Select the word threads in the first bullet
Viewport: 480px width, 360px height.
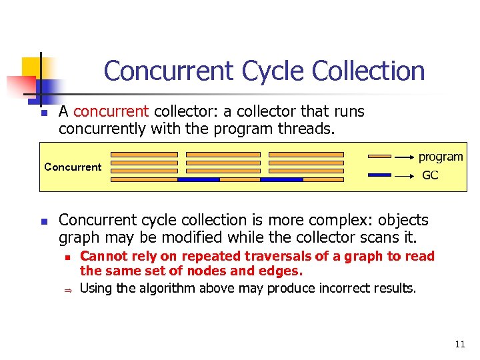pyautogui.click(x=300, y=128)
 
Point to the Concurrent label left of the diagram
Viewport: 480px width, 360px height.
pyautogui.click(x=73, y=167)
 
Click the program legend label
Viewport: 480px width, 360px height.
pyautogui.click(x=441, y=157)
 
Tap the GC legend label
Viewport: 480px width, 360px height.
pyautogui.click(x=430, y=175)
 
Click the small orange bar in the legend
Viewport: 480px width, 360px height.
pyautogui.click(x=380, y=157)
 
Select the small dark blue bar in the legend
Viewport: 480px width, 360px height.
pyautogui.click(x=380, y=175)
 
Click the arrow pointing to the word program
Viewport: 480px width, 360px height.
pyautogui.click(x=405, y=157)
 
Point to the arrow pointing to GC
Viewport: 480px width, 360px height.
pyautogui.click(x=405, y=175)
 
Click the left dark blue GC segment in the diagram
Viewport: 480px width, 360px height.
pyautogui.click(x=199, y=179)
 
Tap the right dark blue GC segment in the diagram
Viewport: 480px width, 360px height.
pyautogui.click(x=281, y=179)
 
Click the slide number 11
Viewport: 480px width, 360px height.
pyautogui.click(x=459, y=345)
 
